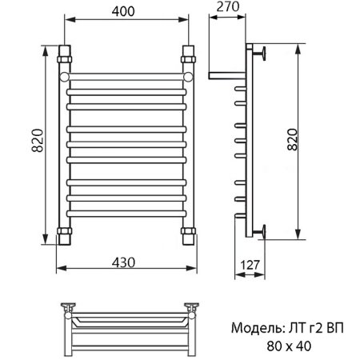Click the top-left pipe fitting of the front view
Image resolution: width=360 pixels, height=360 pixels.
click(64, 57)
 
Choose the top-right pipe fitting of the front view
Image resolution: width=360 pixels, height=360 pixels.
click(189, 57)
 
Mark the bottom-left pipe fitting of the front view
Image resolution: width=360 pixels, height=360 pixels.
click(64, 235)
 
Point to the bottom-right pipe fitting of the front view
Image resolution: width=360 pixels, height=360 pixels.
click(189, 235)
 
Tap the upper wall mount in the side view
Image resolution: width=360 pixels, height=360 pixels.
click(262, 56)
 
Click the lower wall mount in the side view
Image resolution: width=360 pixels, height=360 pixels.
click(262, 232)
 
